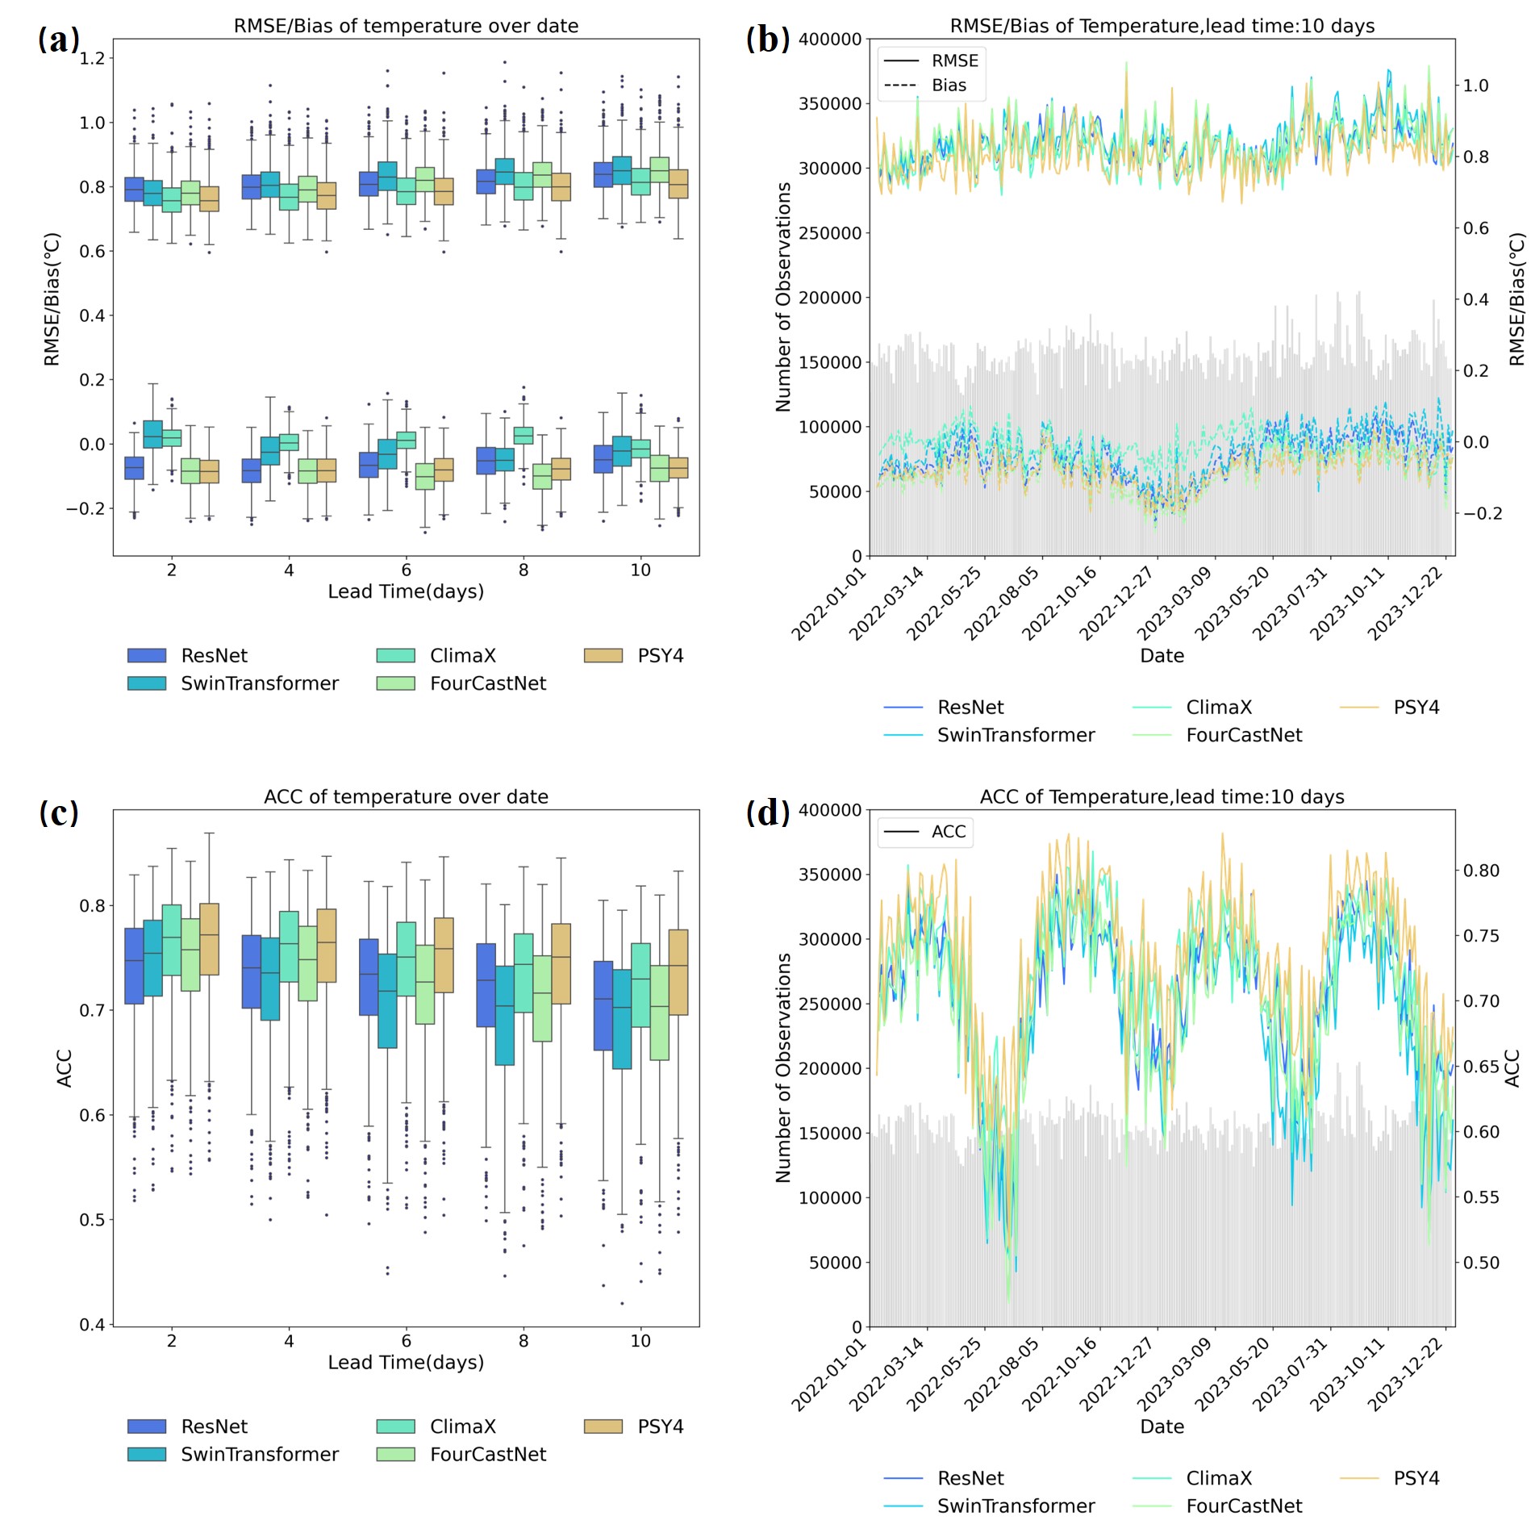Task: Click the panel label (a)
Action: pos(58,40)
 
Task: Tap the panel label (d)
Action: pos(767,812)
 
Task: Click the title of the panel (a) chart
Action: pos(406,26)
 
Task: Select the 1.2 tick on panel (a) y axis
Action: pos(93,58)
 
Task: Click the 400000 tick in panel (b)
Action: pos(829,39)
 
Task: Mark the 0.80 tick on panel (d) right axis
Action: pos(1482,871)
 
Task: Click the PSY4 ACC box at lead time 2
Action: pos(209,939)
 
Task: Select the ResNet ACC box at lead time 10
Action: pos(603,1005)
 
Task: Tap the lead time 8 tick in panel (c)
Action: pos(524,1341)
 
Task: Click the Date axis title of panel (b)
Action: pos(1162,656)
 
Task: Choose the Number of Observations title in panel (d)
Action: pos(783,1067)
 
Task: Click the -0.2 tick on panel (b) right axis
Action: pos(1482,514)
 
